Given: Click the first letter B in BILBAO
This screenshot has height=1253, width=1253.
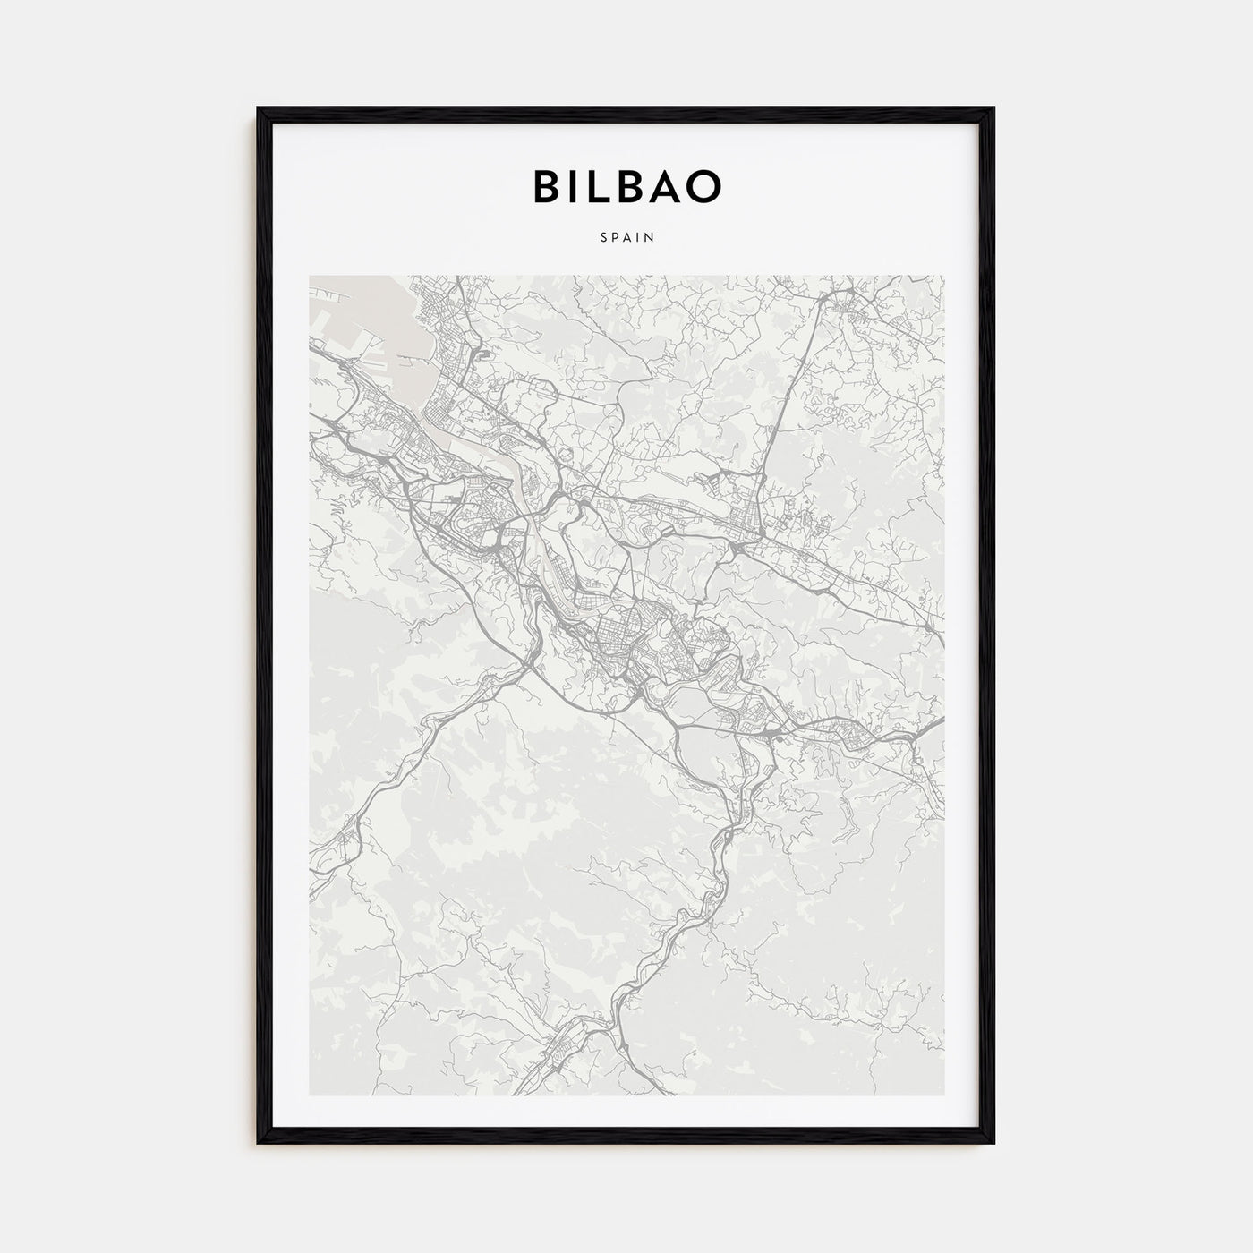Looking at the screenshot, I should click(x=547, y=186).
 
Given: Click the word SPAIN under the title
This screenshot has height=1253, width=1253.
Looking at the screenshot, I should click(x=626, y=238).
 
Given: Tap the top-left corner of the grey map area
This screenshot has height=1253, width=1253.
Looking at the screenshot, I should click(x=310, y=276).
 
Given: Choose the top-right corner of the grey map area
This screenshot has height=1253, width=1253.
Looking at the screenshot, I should click(x=943, y=276).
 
